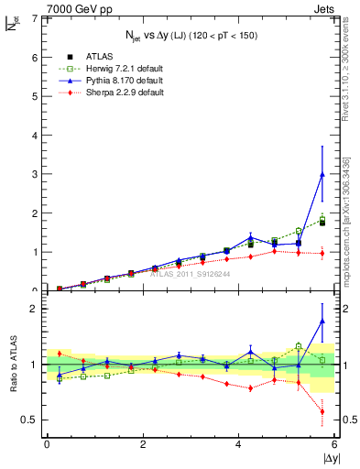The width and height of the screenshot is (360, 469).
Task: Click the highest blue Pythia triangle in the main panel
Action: [322, 174]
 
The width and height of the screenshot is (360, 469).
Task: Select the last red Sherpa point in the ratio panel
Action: [322, 411]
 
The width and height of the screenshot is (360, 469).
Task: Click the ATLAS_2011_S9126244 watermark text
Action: [191, 273]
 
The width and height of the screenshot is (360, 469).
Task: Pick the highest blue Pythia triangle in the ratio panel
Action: [322, 321]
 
